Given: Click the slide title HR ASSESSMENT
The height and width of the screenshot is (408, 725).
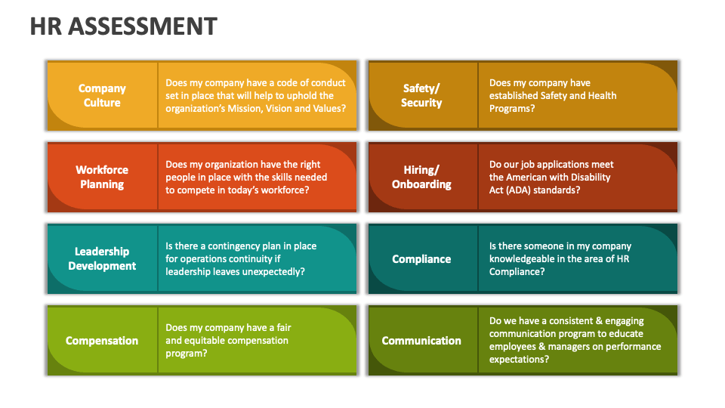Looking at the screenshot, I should tap(123, 26).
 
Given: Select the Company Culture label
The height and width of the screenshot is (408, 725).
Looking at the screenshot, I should tap(102, 96).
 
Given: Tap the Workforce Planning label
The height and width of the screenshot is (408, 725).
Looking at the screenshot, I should tap(102, 178).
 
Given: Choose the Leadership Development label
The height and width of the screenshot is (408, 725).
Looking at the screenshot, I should tap(102, 259).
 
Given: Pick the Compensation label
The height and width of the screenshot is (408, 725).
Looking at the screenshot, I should tap(102, 341).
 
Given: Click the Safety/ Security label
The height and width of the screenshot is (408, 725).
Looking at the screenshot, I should tap(421, 96).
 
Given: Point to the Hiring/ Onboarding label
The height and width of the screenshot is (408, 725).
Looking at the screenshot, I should tap(421, 178).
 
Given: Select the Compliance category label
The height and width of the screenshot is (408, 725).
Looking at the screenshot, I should tap(421, 259).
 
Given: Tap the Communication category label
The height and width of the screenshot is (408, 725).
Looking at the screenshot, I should tap(421, 341).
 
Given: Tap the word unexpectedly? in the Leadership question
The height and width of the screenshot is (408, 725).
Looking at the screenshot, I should tap(273, 272).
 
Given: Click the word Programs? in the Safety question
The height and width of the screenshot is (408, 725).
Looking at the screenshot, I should tap(512, 109).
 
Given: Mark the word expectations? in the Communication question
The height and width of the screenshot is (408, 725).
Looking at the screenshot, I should tap(519, 360).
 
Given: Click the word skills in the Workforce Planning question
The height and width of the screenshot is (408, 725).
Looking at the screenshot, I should tap(273, 178).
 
